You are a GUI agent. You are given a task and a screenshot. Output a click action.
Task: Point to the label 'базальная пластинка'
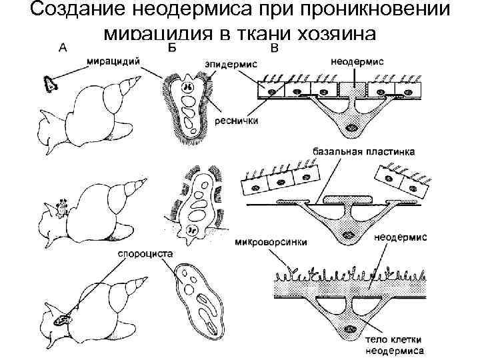pyautogui.click(x=363, y=152)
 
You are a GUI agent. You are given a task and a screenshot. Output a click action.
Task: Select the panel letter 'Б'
pyautogui.click(x=171, y=47)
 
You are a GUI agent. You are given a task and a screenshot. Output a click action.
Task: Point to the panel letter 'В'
pyautogui.click(x=274, y=49)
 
